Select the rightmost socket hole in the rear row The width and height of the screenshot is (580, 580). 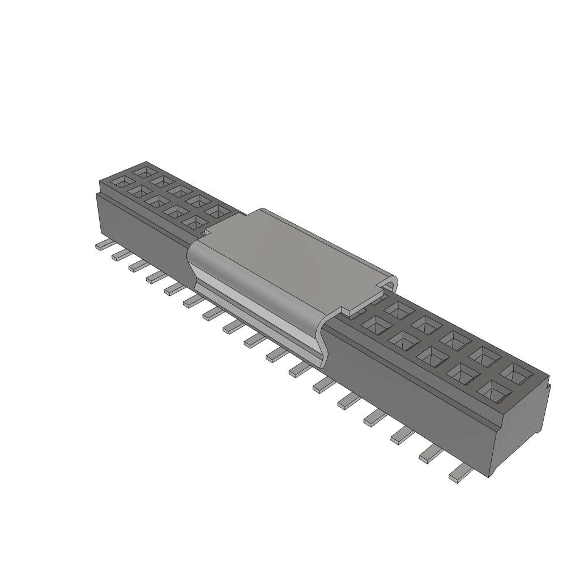(x=515, y=373)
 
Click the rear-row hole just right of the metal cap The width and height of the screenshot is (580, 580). (x=399, y=310)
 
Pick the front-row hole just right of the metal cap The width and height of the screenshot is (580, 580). (x=376, y=325)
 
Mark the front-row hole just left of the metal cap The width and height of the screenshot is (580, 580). (x=194, y=221)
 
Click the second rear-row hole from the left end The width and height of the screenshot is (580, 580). (x=162, y=181)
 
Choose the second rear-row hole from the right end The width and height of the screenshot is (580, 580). (x=486, y=357)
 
